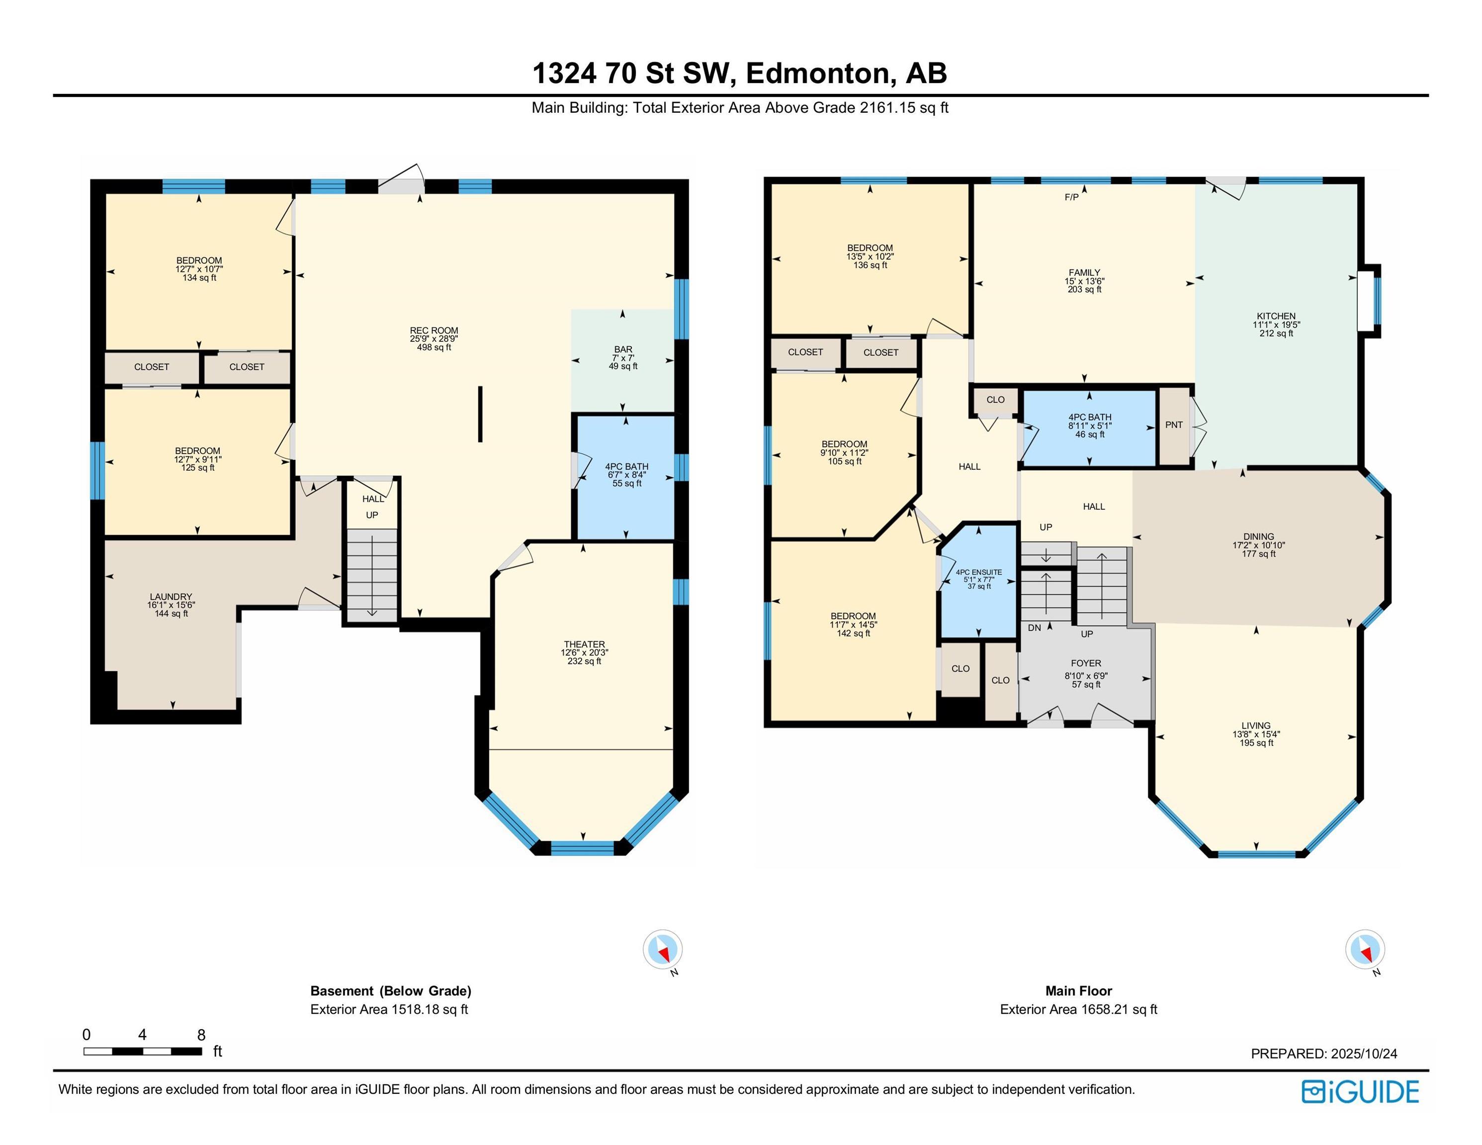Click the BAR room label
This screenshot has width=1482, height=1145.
623,349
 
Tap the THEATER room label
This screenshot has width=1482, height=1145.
584,645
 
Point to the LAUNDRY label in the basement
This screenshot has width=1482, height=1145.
171,597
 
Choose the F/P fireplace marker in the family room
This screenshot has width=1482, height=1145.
1071,197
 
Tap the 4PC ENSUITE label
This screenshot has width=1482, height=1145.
978,572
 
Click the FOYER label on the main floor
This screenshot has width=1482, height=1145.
1086,663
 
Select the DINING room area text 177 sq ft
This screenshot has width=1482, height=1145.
1259,554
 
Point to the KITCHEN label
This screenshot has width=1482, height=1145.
1276,316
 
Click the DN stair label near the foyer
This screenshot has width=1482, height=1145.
1034,628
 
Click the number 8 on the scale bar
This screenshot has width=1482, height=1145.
201,1035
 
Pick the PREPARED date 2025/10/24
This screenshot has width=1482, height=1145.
1364,1054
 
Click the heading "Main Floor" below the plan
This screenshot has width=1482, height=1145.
1078,990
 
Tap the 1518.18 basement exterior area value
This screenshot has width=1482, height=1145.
415,1009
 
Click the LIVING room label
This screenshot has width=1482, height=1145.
1256,725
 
